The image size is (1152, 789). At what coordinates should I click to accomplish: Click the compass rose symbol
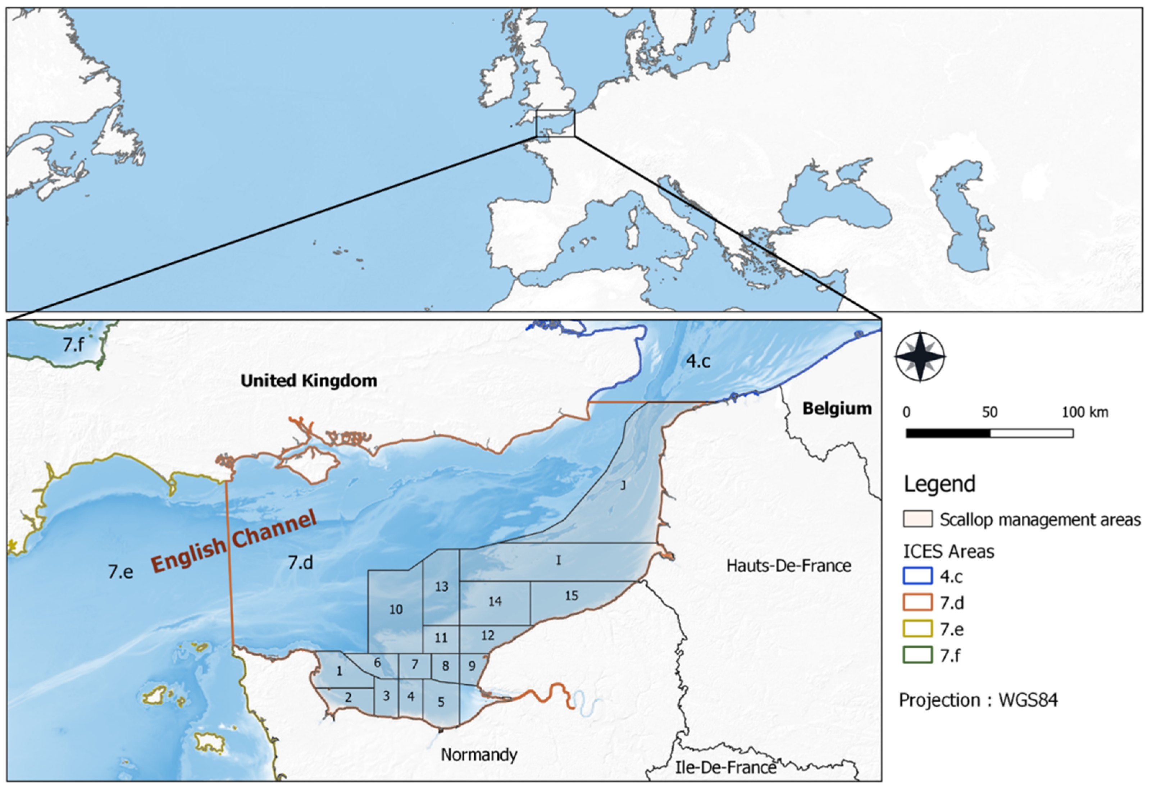[x=920, y=357]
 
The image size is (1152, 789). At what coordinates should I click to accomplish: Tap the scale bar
[x=989, y=433]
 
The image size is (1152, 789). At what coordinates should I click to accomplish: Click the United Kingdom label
[x=309, y=380]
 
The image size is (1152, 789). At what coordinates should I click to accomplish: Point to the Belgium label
[x=837, y=409]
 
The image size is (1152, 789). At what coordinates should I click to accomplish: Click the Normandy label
[x=479, y=754]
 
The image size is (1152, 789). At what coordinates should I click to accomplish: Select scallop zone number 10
[x=396, y=609]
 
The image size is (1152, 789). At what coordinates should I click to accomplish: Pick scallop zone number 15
[x=572, y=596]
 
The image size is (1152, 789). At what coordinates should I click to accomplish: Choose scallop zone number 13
[x=441, y=587]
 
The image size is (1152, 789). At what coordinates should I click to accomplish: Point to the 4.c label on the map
[x=698, y=361]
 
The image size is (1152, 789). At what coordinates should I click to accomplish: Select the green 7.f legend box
[x=917, y=655]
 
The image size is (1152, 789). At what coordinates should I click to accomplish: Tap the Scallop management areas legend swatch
[x=917, y=519]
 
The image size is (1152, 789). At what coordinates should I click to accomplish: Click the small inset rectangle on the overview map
[x=555, y=123]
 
